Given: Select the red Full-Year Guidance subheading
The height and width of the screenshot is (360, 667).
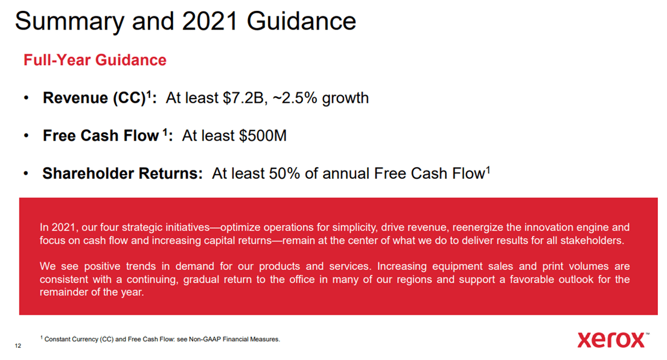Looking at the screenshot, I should [x=95, y=60].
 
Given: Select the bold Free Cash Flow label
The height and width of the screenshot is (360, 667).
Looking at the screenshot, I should [x=100, y=136].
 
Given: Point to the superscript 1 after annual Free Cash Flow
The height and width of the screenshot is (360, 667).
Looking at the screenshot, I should [x=488, y=170].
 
